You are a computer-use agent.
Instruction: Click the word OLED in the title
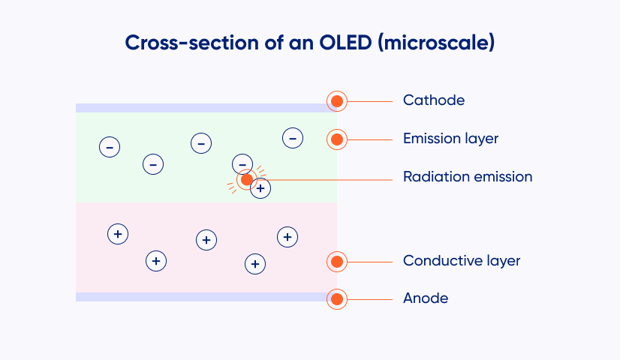(345, 42)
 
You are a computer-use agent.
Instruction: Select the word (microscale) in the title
(436, 43)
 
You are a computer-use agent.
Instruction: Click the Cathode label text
(434, 100)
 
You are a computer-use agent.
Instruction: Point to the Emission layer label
(451, 139)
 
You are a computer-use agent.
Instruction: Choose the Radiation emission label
(468, 177)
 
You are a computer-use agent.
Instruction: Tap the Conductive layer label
(462, 261)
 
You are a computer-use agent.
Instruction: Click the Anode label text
(426, 298)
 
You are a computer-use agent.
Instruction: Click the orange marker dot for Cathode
(337, 101)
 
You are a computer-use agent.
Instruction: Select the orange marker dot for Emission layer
(337, 139)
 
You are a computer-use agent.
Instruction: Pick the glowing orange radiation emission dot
(247, 180)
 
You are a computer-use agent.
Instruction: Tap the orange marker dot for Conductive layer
(337, 262)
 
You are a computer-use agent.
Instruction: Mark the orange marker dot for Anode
(337, 299)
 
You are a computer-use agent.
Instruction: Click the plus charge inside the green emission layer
(261, 189)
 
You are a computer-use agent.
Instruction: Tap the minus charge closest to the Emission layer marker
(293, 138)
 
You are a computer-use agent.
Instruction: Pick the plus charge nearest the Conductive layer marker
(287, 237)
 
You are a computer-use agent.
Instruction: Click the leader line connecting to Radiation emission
(324, 180)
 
